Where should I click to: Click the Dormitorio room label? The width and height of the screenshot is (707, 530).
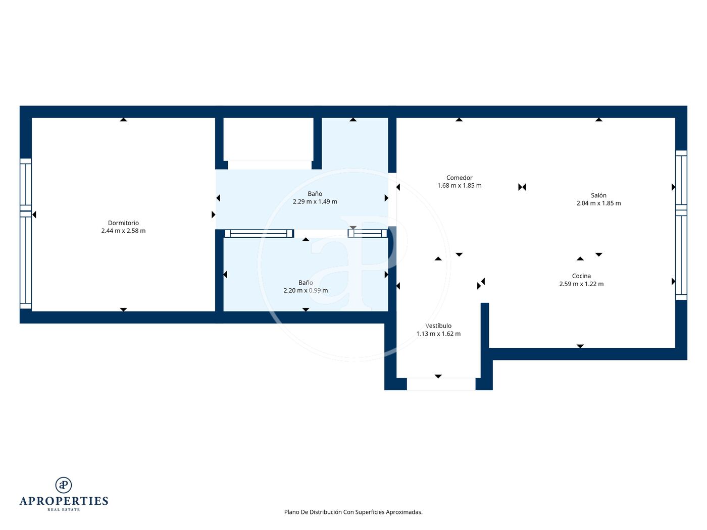pos(123,223)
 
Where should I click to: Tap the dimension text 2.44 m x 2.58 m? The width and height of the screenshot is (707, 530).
pos(123,231)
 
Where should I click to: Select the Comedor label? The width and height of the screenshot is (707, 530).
pos(460,178)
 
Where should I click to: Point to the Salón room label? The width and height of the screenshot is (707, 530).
pos(598,195)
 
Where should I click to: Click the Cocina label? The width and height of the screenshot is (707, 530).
pos(581,276)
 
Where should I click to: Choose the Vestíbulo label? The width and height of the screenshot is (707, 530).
pos(438,326)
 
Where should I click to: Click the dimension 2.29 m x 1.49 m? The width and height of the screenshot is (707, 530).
pos(315,202)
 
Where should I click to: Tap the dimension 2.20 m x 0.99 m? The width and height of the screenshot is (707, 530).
pos(306,291)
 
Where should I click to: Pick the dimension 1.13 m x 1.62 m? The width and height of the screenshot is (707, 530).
pos(438,334)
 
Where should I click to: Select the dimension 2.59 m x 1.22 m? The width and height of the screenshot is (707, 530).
pos(581,284)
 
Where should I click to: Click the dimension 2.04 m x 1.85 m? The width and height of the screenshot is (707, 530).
pos(598,203)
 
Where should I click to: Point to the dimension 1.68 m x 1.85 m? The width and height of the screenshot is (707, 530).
pos(460,186)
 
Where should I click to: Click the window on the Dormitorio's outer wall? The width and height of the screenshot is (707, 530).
pos(26,234)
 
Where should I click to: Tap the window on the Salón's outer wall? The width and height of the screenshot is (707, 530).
pos(681,225)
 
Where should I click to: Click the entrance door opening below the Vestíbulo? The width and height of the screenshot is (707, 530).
pos(441,384)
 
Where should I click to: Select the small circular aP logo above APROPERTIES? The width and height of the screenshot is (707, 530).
pos(64,485)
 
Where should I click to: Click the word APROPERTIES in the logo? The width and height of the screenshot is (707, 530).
pos(64,501)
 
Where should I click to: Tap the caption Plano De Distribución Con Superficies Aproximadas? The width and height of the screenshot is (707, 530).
pos(353,512)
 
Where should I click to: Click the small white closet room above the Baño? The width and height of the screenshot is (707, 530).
pos(268,140)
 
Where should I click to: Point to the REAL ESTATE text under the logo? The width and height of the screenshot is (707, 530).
pos(64,510)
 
